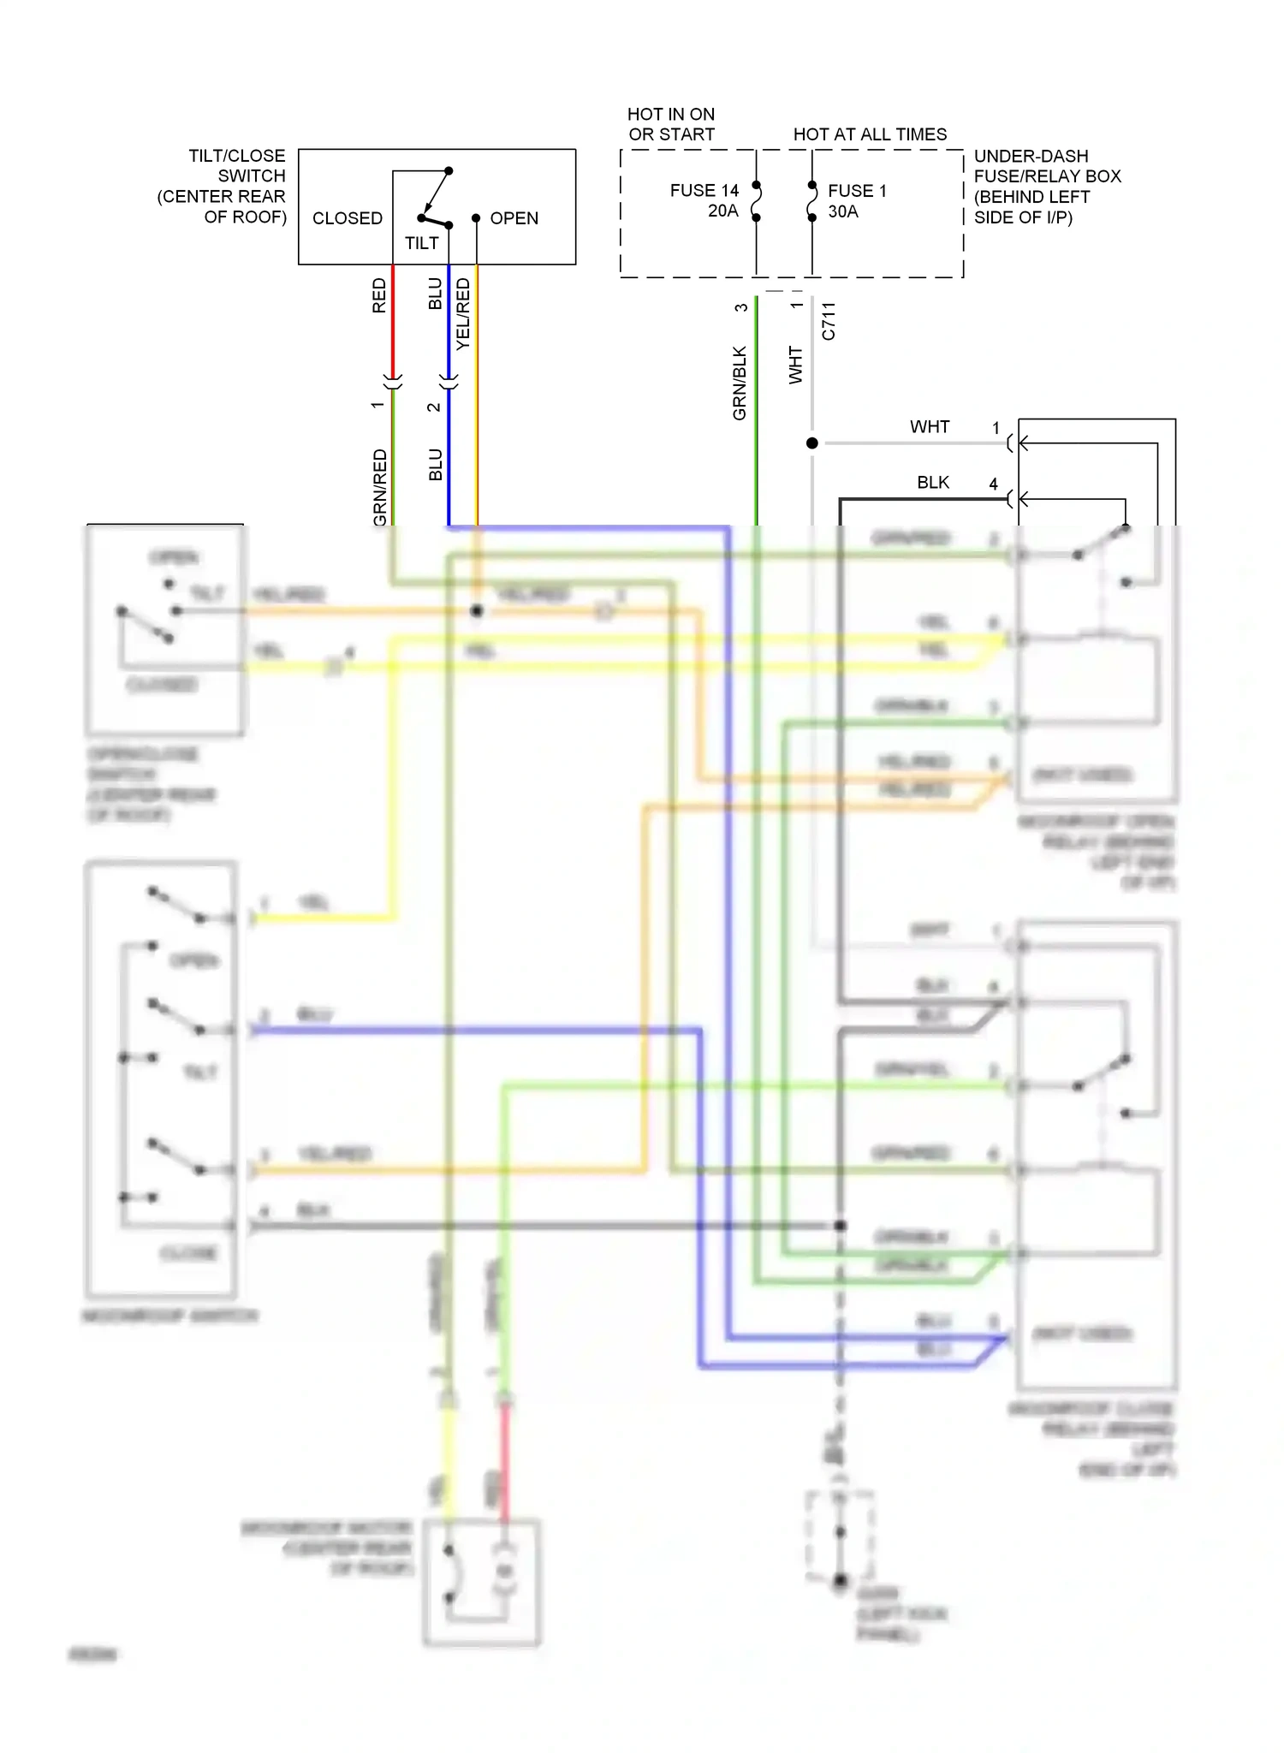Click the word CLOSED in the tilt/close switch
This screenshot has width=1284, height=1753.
tap(347, 218)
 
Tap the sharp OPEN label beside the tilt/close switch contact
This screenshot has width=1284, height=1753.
tap(514, 218)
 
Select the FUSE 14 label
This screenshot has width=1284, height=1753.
tap(704, 190)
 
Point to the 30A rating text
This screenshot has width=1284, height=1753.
tap(842, 211)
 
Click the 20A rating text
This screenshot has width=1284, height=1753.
tap(722, 211)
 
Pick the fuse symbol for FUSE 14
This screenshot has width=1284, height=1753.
tap(756, 201)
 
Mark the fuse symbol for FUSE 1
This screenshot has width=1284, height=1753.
tap(811, 201)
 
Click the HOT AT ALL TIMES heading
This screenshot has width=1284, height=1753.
tap(870, 134)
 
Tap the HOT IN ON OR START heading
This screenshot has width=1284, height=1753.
tap(671, 124)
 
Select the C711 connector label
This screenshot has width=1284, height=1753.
tap(828, 321)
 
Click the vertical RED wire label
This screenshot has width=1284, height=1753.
tap(378, 295)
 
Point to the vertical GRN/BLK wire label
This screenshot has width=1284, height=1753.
tap(740, 383)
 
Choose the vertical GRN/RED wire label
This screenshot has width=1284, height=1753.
tap(379, 486)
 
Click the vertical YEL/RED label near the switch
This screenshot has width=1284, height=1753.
tap(463, 313)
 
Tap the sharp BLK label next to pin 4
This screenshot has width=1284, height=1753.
tap(932, 482)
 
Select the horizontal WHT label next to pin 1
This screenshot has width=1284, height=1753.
tap(929, 426)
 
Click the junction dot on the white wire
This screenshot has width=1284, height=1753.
tap(811, 443)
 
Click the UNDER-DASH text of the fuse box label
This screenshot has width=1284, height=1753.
tap(1031, 156)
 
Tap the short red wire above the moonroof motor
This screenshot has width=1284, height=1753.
tap(505, 1464)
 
